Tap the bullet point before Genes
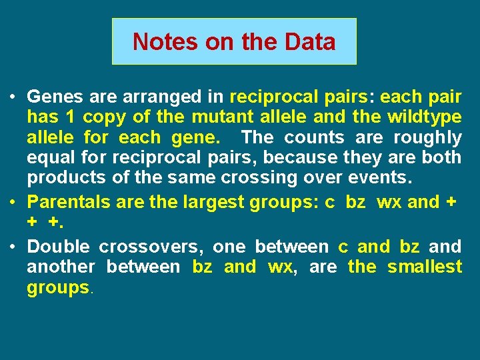tap(13, 97)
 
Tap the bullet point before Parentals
tap(13, 202)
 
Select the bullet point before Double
tap(13, 247)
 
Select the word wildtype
tap(425, 117)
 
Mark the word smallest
tap(425, 267)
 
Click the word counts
tap(314, 137)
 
